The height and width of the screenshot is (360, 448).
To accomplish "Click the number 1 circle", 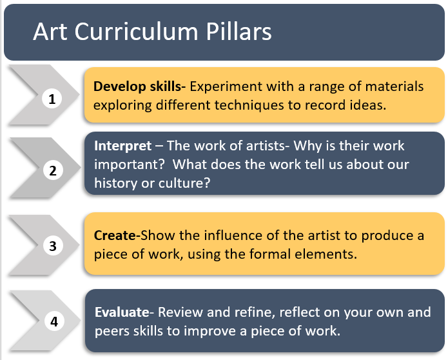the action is [52, 99].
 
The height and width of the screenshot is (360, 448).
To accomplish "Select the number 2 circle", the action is [53, 171].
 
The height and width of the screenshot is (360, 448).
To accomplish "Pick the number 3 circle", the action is [53, 246].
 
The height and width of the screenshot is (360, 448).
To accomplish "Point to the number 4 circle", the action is [55, 321].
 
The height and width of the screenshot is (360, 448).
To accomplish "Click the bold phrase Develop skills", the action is [139, 86].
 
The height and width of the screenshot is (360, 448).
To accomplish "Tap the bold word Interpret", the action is [123, 146].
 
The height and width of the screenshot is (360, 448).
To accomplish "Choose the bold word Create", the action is [115, 235].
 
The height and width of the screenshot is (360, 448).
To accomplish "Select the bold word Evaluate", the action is [122, 312].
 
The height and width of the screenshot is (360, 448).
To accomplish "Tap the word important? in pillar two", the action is [130, 165].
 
